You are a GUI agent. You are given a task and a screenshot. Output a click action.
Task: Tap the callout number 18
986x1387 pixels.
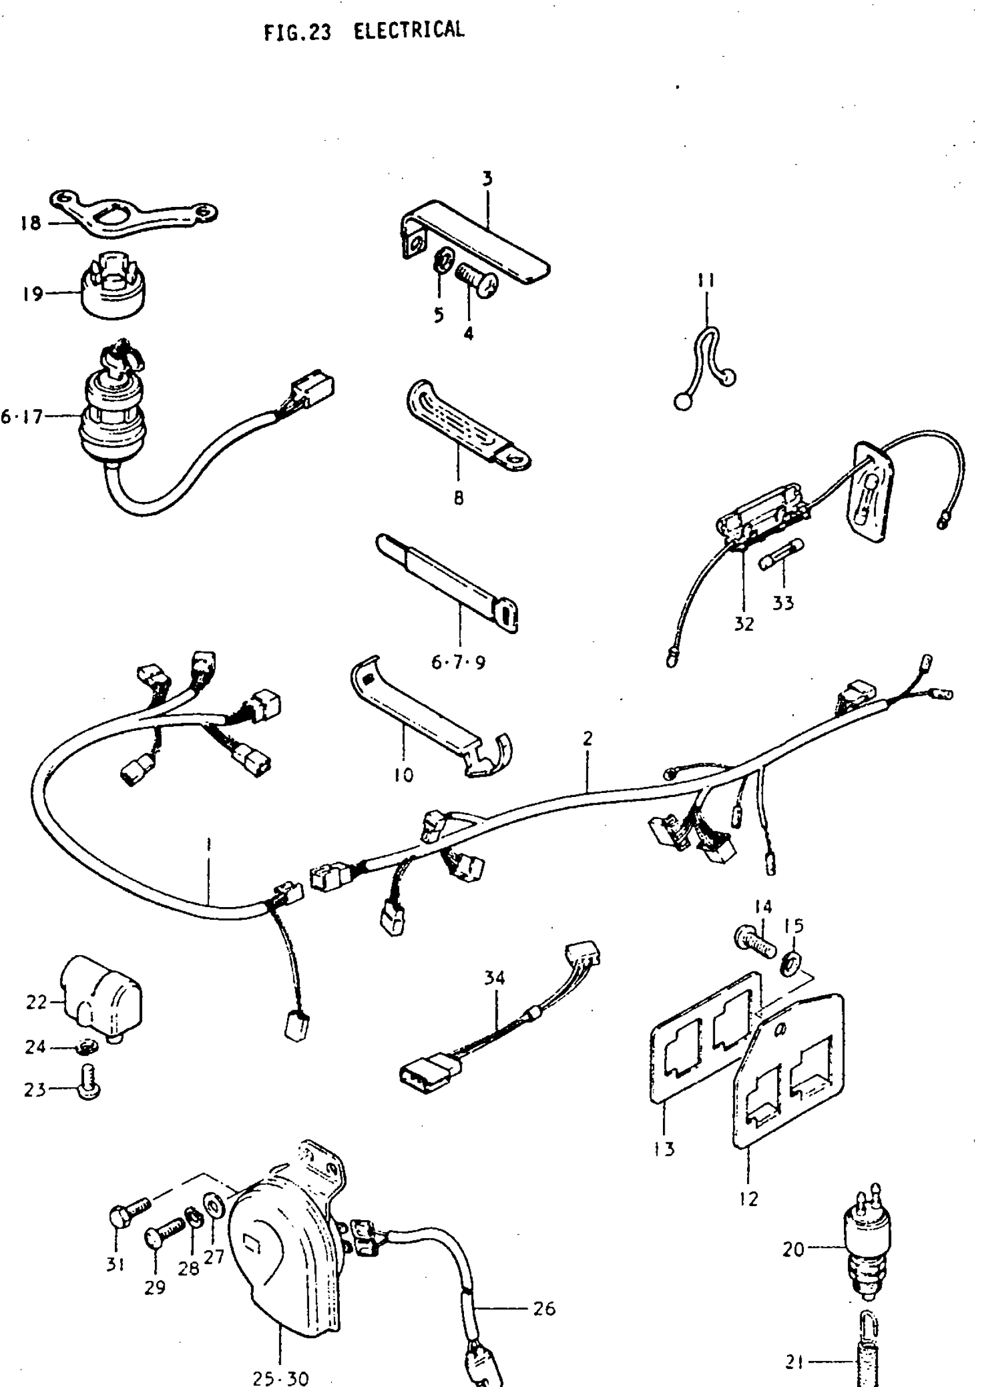30,223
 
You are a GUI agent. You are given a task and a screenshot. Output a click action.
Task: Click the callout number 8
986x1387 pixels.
458,498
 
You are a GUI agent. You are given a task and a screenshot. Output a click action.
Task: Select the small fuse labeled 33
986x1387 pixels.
781,554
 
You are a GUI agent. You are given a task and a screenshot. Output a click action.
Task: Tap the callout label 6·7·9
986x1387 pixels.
458,662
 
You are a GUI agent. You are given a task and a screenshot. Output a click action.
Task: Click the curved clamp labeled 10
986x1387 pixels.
431,716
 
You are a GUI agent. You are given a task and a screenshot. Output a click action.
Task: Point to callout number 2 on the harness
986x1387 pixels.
587,739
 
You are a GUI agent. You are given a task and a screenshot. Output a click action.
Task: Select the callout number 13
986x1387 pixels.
664,1149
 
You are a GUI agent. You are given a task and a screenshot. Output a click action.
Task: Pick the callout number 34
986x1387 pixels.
494,978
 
